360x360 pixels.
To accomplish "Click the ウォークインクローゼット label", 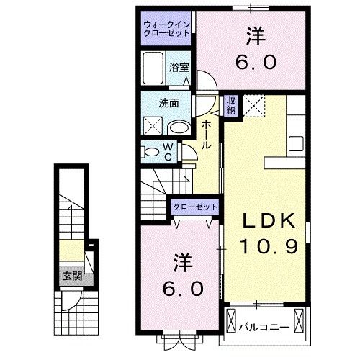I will [x=166, y=30].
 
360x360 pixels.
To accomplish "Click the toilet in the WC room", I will [x=152, y=152].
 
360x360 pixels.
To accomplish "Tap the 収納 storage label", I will [x=230, y=105].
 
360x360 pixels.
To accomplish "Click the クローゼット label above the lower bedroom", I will [x=194, y=207].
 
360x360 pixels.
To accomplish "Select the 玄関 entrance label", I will [x=70, y=275].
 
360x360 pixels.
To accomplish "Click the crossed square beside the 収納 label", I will [x=254, y=105].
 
